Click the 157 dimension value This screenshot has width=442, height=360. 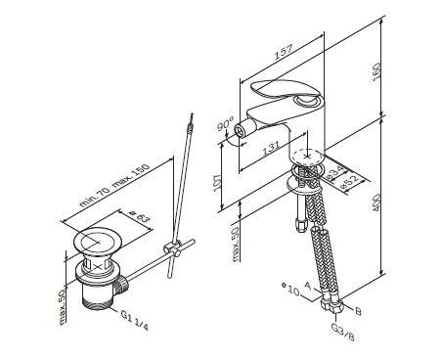click(284, 52)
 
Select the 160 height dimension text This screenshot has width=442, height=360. click(376, 71)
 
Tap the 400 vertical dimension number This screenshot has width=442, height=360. click(376, 202)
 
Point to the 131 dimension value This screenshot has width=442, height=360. click(271, 149)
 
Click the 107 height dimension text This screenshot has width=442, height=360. click(217, 183)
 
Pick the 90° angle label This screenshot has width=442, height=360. click(226, 123)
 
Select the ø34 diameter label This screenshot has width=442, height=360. click(333, 172)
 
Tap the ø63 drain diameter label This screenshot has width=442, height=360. click(140, 217)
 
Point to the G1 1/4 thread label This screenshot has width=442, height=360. click(134, 320)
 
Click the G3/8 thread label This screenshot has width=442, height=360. click(342, 332)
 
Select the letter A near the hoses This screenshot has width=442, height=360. click(308, 286)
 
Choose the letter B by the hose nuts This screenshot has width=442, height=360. click(358, 312)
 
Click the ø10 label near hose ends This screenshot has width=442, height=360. click(290, 289)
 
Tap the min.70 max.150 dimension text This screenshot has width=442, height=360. click(114, 185)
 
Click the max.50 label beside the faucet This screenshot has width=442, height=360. click(236, 244)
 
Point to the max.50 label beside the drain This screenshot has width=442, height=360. click(63, 307)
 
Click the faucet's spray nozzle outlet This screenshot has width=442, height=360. click(240, 131)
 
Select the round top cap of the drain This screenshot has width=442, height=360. click(98, 242)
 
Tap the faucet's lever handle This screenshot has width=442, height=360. click(283, 91)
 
